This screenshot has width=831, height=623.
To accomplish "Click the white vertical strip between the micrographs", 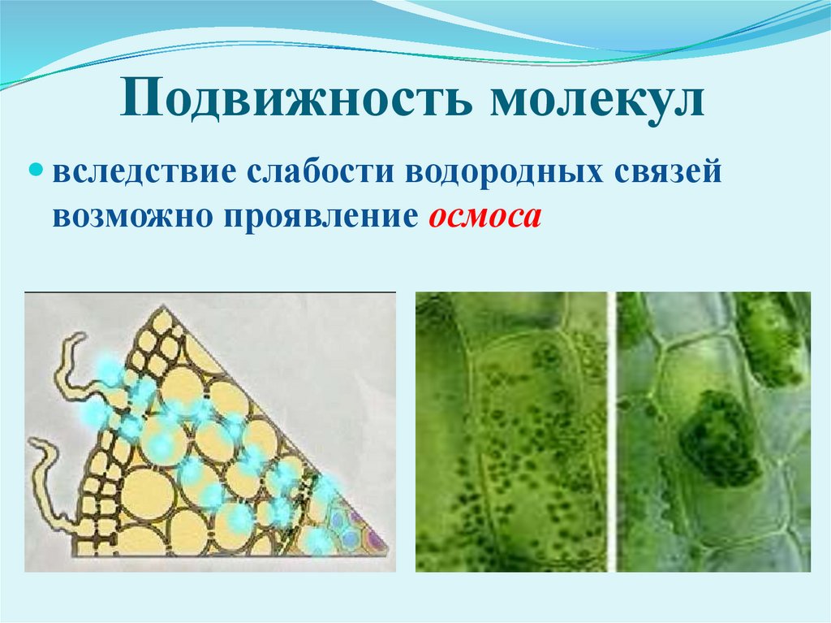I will point(612,430).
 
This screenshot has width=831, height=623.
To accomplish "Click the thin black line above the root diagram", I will point(210,291).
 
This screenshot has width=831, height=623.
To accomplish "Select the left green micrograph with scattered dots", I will point(511,430).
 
